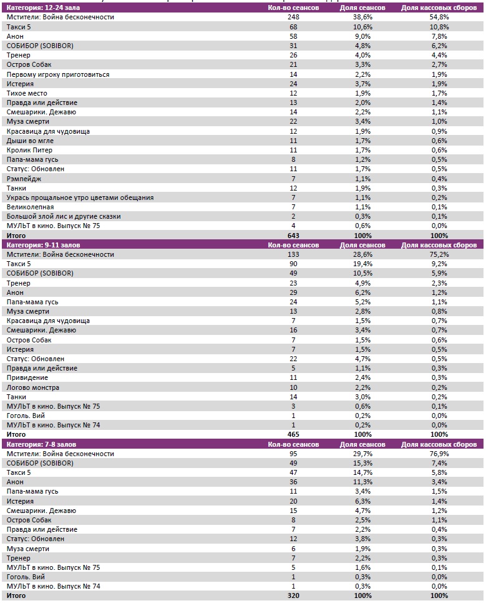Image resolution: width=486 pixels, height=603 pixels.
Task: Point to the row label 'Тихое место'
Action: [27, 93]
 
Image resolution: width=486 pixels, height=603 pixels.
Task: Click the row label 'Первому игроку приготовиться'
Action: [58, 74]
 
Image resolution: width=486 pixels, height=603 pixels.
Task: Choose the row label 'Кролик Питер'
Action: [29, 150]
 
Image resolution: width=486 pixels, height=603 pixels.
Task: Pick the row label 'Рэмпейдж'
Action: [24, 179]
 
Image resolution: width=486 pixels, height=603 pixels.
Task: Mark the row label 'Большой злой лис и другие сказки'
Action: [64, 216]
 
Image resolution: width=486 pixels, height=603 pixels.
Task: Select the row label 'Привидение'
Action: [27, 377]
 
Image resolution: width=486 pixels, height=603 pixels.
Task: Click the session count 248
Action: [286, 17]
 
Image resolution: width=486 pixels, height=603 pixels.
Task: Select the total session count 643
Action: [286, 236]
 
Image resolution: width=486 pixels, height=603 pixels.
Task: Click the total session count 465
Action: [286, 434]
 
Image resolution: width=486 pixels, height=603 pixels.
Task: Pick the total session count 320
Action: [286, 596]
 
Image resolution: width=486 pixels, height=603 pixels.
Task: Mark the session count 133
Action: [286, 254]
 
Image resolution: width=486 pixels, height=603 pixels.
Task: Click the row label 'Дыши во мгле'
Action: [29, 141]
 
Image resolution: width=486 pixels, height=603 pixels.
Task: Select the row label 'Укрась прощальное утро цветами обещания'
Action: [80, 197]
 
